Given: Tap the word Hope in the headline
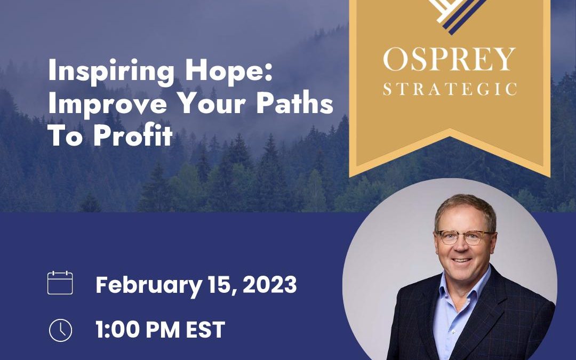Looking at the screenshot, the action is pos(228,71).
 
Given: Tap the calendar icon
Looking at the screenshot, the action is pos(60,283).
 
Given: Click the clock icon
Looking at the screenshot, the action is pos(61,330).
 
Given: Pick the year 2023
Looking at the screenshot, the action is pos(270,284).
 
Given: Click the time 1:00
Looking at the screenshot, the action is pos(118,330).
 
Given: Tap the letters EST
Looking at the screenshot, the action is pos(205,330).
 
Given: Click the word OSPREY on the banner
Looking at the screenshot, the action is pos(450,59).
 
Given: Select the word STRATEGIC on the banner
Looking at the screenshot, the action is pos(450,89).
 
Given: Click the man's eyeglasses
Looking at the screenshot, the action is pos(465,237).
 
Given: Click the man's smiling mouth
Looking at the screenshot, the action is pos(462,260).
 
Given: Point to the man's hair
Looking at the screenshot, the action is pos(465,210).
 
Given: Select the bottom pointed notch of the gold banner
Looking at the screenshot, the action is pos(450,129).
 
